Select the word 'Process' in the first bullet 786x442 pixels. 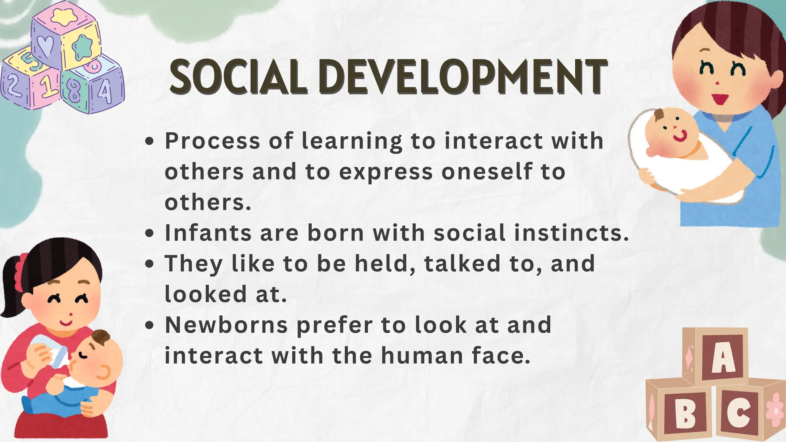(x=212, y=141)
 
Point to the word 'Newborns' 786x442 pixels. (x=226, y=325)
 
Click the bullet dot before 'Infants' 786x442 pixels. (x=150, y=233)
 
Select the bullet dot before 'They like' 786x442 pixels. (x=150, y=264)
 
